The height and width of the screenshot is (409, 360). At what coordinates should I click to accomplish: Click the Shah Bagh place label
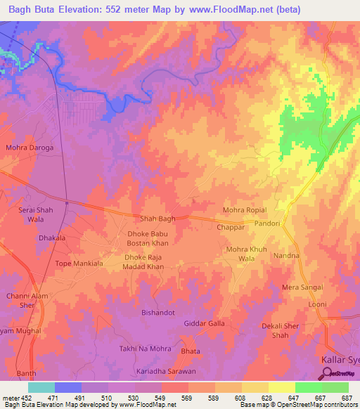click(157, 219)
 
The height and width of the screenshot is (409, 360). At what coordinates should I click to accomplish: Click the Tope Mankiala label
click(79, 264)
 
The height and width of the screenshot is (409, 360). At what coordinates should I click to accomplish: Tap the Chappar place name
click(231, 228)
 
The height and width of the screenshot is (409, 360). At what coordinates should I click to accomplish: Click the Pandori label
click(287, 223)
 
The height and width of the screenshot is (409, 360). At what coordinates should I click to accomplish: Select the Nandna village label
click(287, 256)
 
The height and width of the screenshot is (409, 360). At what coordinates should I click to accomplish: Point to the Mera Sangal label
click(302, 287)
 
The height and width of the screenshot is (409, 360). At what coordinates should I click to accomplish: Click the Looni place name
click(318, 305)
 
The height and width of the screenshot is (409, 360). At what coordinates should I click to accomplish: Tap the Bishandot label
click(157, 312)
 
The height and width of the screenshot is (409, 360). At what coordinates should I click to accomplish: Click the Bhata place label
click(191, 351)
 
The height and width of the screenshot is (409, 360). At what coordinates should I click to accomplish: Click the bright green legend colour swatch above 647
click(308, 387)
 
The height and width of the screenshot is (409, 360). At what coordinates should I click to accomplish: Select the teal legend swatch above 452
click(41, 387)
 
